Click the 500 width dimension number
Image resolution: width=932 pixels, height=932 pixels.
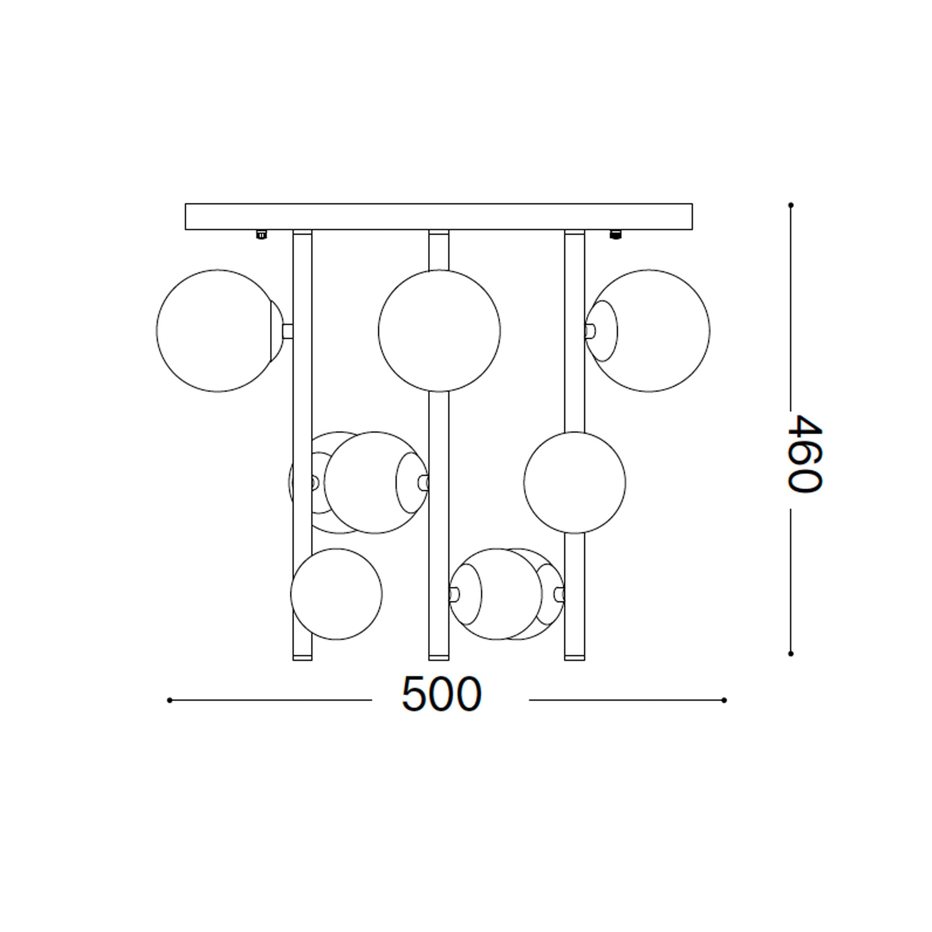(x=441, y=695)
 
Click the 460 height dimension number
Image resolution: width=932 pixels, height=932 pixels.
(x=804, y=453)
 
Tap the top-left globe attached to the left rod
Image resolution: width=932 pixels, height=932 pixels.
(x=217, y=330)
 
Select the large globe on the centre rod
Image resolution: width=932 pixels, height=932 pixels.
(x=439, y=330)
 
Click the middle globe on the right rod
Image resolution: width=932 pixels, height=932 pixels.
(x=574, y=482)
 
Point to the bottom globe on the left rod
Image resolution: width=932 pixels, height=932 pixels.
(x=336, y=594)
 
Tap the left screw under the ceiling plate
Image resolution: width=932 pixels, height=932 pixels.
(x=261, y=235)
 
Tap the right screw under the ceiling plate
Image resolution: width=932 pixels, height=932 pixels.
(x=615, y=235)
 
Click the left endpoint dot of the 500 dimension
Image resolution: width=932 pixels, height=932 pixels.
(x=169, y=700)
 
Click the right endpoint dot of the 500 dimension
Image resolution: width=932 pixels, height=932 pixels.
(x=724, y=700)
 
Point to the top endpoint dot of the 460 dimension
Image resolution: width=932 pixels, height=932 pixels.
(x=791, y=205)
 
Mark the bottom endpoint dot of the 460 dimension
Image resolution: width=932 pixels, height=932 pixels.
(x=791, y=654)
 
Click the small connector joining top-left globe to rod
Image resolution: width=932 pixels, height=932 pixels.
(x=287, y=331)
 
